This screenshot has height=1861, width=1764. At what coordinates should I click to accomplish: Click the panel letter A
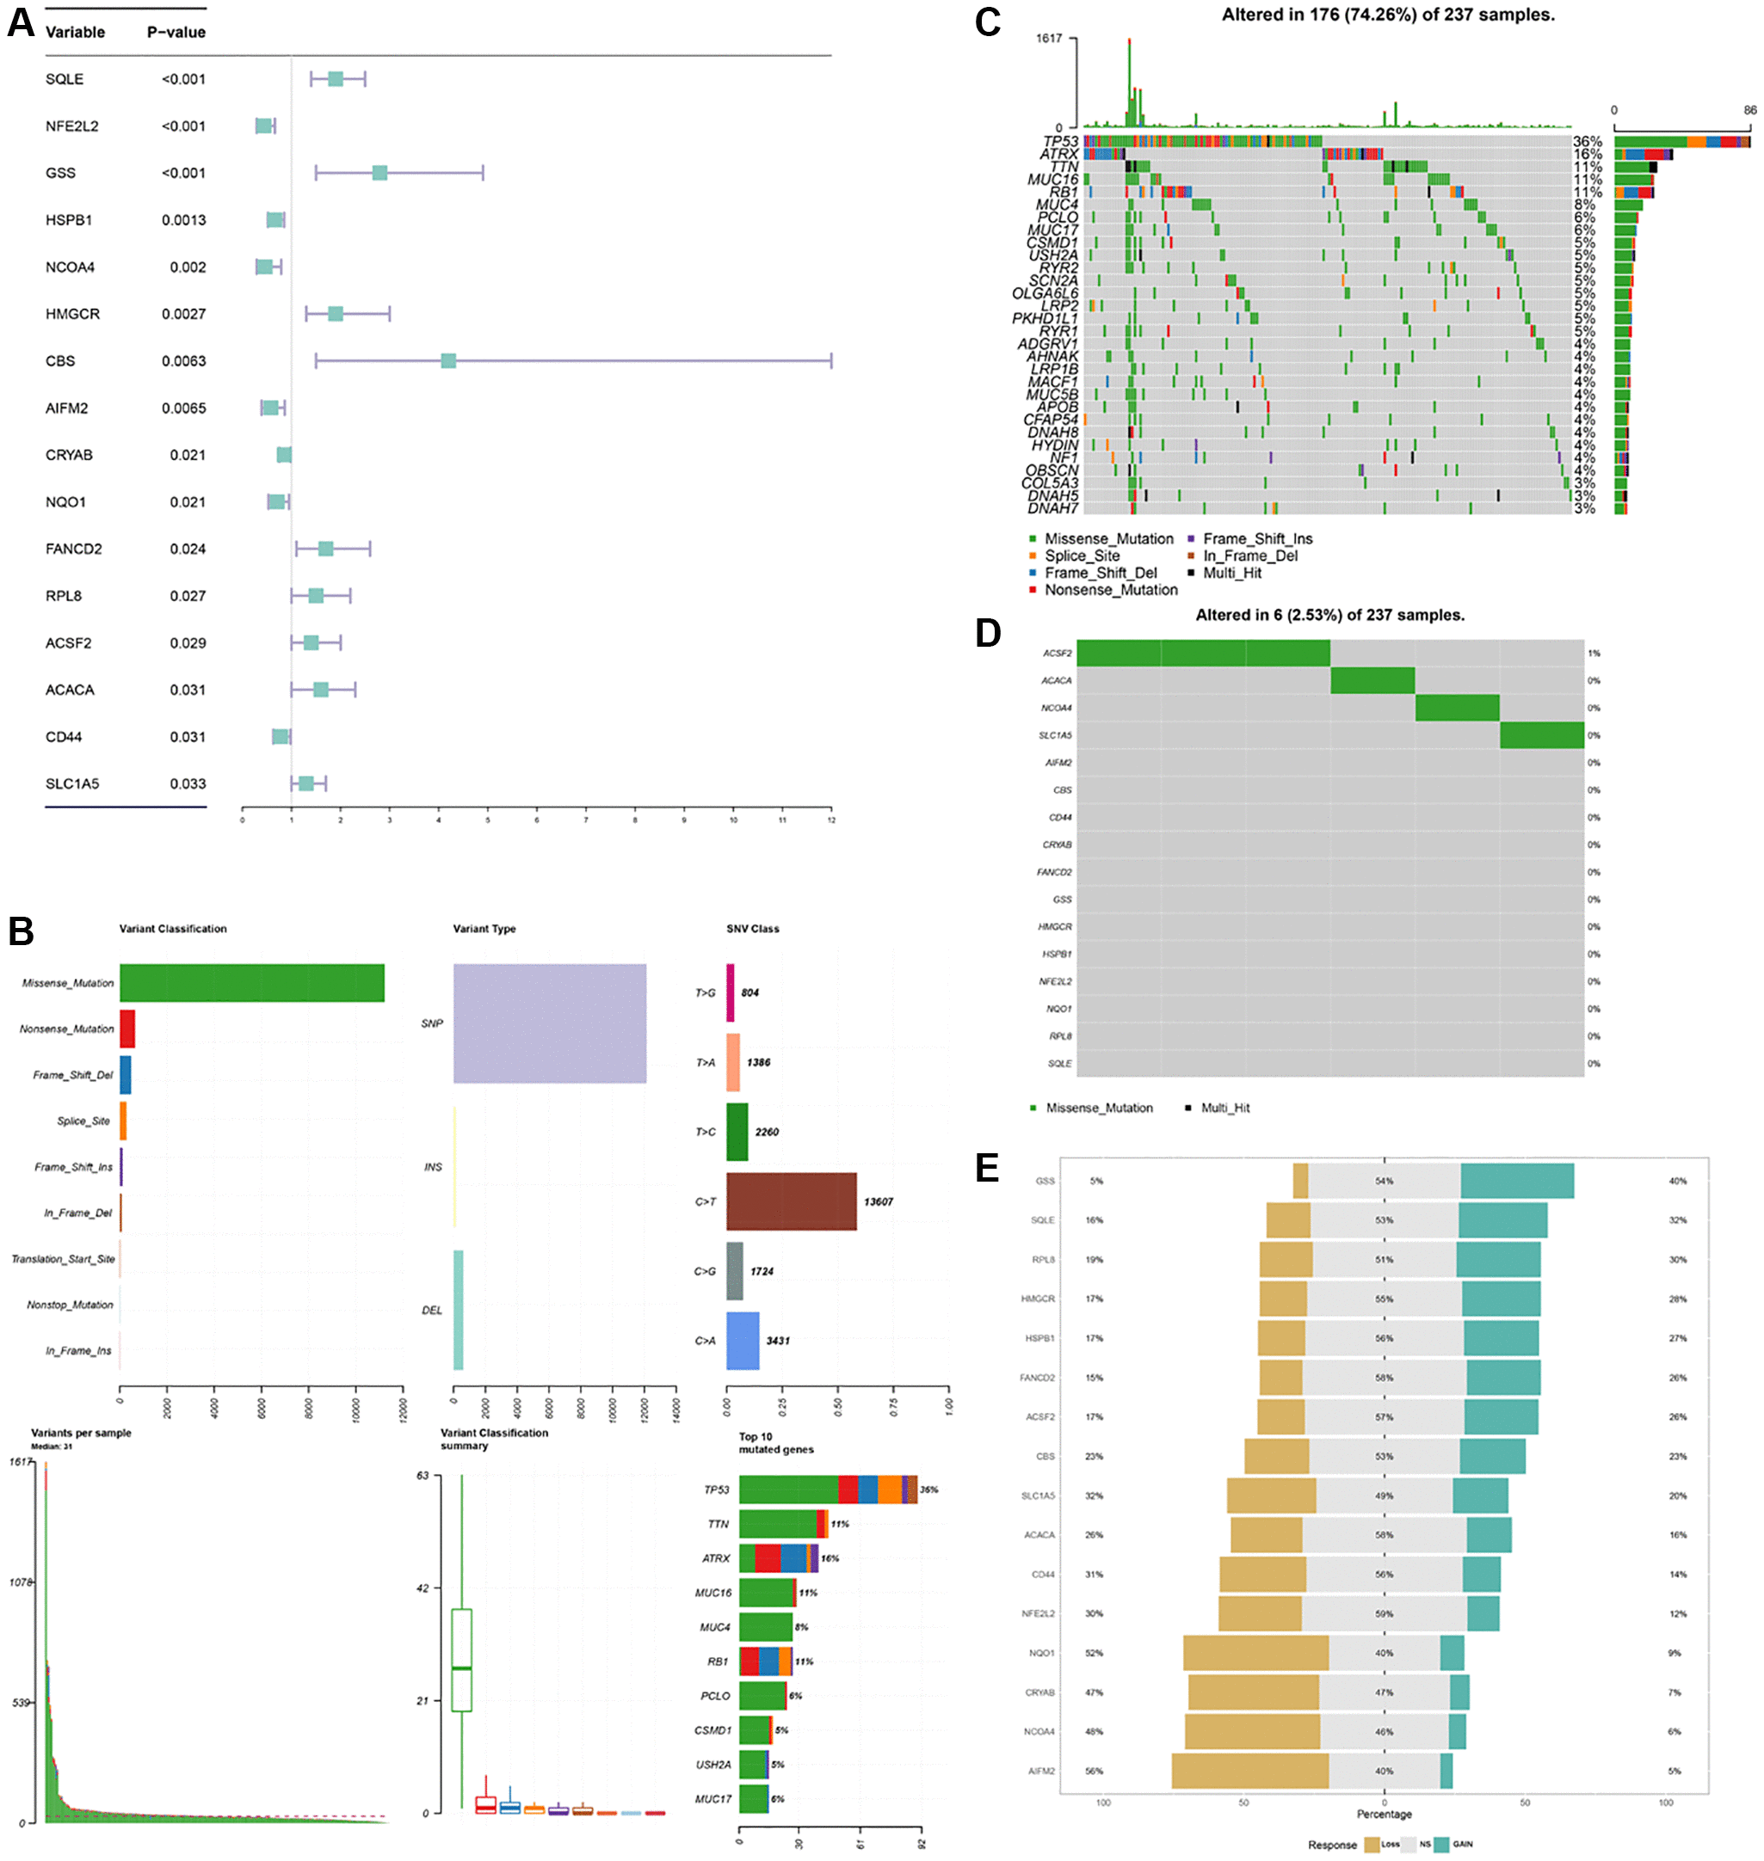[x=21, y=22]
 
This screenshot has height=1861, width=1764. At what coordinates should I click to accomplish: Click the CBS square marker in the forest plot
[x=448, y=361]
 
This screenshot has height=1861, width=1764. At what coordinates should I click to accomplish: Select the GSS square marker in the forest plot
[x=379, y=173]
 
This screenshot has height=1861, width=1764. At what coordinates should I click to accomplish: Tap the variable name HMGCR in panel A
[x=72, y=314]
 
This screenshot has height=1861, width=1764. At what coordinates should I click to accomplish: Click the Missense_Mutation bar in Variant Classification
[x=251, y=982]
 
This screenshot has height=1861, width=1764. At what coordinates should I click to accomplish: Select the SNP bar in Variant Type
[x=549, y=1023]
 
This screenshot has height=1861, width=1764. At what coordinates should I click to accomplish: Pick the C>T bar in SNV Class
[x=791, y=1201]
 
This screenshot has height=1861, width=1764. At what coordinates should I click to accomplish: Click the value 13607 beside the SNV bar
[x=879, y=1201]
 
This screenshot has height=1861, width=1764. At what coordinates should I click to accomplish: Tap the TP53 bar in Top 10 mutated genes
[x=828, y=1489]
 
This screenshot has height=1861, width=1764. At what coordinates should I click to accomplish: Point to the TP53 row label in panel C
[x=1060, y=142]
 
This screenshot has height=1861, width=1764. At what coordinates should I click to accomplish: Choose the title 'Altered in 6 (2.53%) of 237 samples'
[x=1329, y=615]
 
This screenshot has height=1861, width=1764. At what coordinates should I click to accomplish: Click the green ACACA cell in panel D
[x=1372, y=680]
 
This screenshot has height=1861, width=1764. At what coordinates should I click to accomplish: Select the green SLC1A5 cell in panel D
[x=1541, y=735]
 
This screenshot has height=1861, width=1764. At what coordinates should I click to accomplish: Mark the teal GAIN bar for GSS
[x=1517, y=1181]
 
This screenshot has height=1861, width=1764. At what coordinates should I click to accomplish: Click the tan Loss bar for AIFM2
[x=1249, y=1771]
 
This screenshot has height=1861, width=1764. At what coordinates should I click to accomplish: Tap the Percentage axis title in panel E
[x=1383, y=1814]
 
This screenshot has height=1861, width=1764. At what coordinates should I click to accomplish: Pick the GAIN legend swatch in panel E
[x=1441, y=1845]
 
